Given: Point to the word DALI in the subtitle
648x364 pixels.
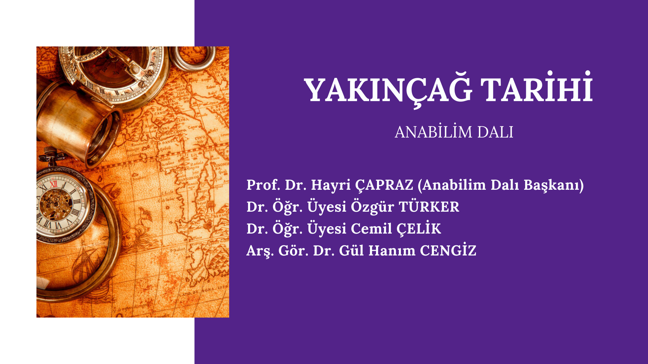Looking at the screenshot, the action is (x=495, y=132).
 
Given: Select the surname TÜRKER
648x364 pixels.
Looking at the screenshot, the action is (x=429, y=206).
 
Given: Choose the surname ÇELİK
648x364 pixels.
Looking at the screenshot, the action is (x=418, y=229).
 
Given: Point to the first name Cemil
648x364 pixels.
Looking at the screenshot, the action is (x=371, y=229).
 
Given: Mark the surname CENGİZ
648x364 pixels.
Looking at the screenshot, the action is (x=448, y=250).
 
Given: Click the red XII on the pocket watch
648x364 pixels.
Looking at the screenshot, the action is (x=53, y=184).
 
